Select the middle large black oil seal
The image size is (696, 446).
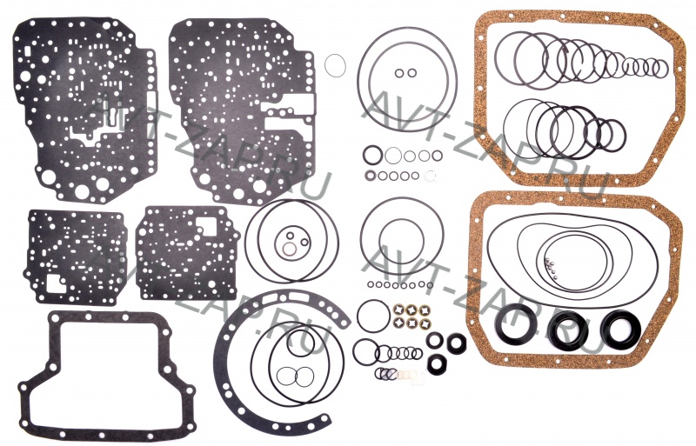pos(569,330)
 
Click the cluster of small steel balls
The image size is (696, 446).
pos(551,268)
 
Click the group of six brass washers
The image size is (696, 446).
pos(412,316)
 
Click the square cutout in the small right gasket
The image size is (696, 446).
pos(206,227)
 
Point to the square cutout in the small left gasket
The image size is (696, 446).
pos(57,284)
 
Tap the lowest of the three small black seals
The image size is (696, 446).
pos(437,363)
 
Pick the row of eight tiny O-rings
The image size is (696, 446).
pos(400,284)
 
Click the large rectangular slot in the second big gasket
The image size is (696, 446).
pos(289,103)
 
